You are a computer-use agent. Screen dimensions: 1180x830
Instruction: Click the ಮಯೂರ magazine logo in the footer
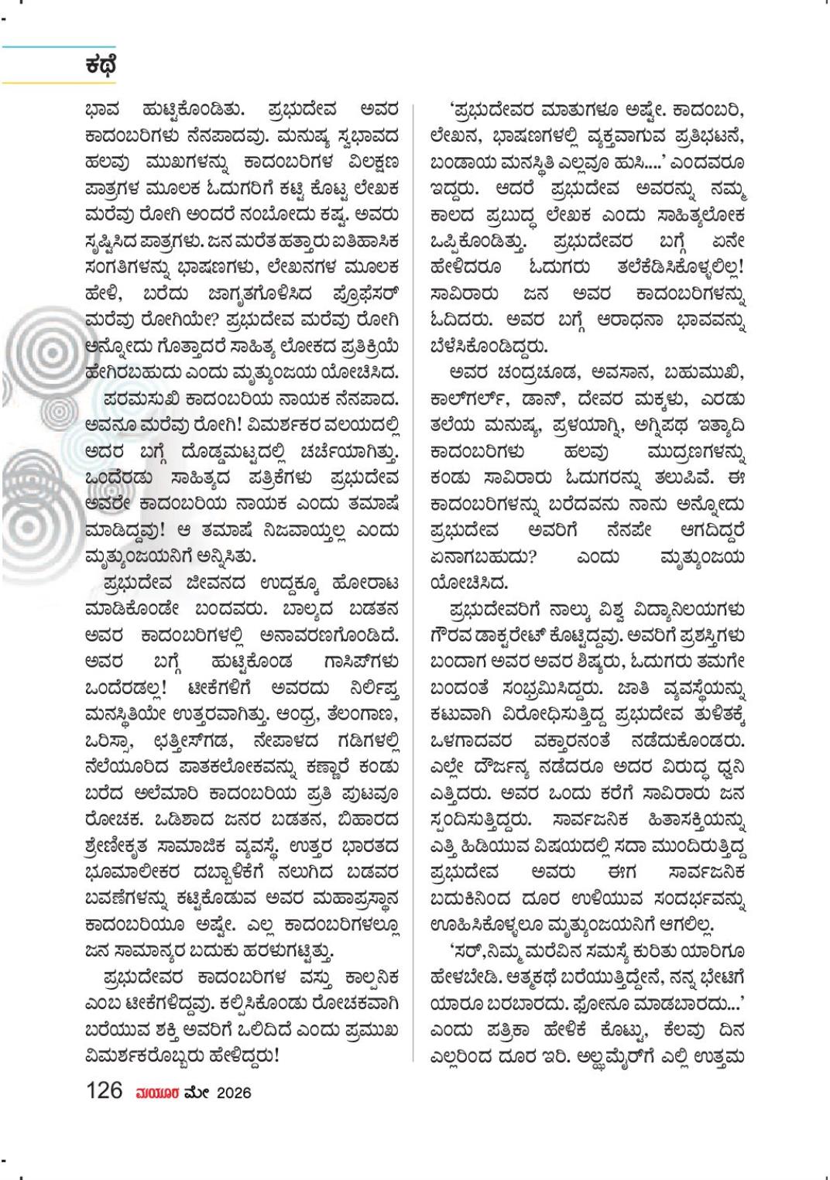pos(158,1092)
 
